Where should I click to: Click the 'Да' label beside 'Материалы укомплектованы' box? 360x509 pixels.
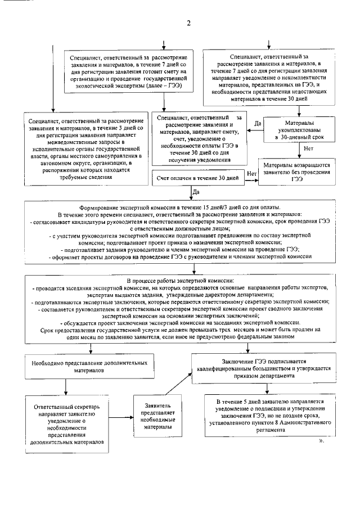tap(258, 123)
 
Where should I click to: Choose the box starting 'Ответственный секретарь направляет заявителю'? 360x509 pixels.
tap(67, 424)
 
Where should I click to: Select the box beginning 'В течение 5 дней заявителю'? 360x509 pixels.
tap(266, 415)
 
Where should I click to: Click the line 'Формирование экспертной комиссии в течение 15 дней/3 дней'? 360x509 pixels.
tap(180, 208)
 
